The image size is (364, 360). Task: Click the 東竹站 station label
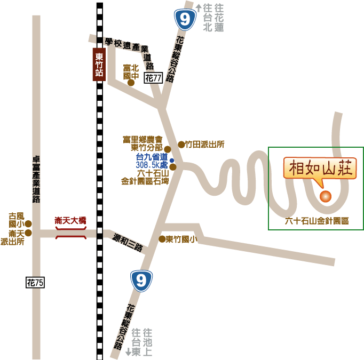pos(99,64)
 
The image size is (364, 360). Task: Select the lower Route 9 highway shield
pos(141,280)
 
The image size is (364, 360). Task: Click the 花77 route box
pos(153,78)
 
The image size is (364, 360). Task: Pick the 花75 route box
pos(35,282)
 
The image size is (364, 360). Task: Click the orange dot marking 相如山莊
pos(325,196)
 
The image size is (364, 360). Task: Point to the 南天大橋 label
pos(70,220)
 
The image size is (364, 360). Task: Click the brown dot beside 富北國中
pos(131,83)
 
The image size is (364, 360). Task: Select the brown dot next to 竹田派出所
pos(181,144)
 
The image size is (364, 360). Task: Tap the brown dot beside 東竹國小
pos(162,239)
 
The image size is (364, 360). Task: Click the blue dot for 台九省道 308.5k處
pos(172,161)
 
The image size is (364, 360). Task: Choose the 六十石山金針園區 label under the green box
pos(316,221)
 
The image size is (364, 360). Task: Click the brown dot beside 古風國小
pos(29,224)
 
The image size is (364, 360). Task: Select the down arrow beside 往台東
pos(128,353)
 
